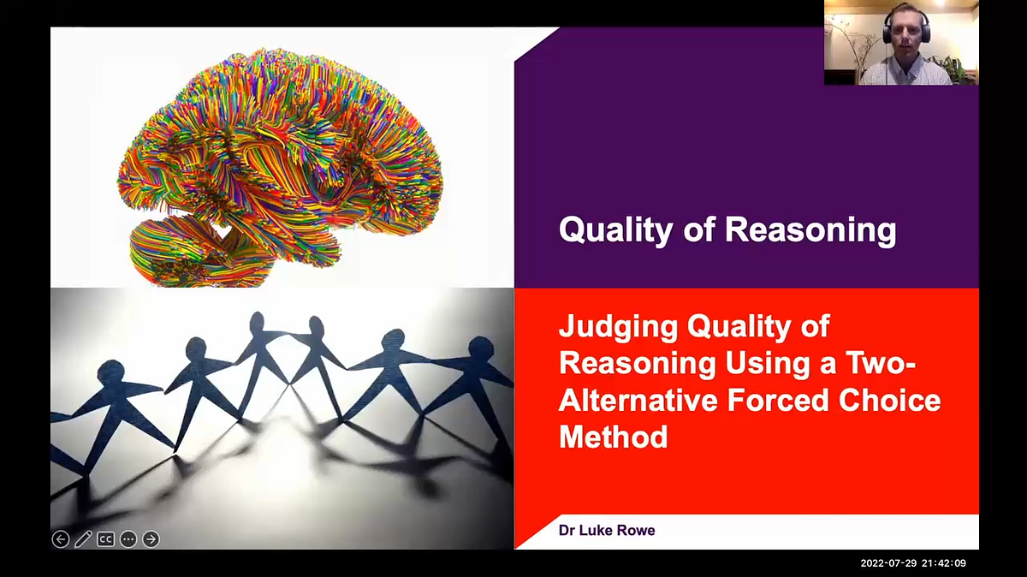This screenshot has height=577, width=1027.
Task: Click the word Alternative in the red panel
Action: tap(630, 400)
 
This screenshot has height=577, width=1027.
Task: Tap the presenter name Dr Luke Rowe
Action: tap(607, 531)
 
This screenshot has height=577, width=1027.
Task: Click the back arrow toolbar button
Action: tap(60, 538)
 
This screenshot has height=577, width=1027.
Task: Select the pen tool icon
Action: tap(83, 538)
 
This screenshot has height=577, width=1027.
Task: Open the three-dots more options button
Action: tap(128, 538)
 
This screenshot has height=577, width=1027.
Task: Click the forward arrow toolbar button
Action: tap(151, 538)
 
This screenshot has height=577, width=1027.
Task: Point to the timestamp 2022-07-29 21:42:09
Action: tap(912, 563)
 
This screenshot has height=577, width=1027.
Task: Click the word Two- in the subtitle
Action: tap(886, 363)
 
